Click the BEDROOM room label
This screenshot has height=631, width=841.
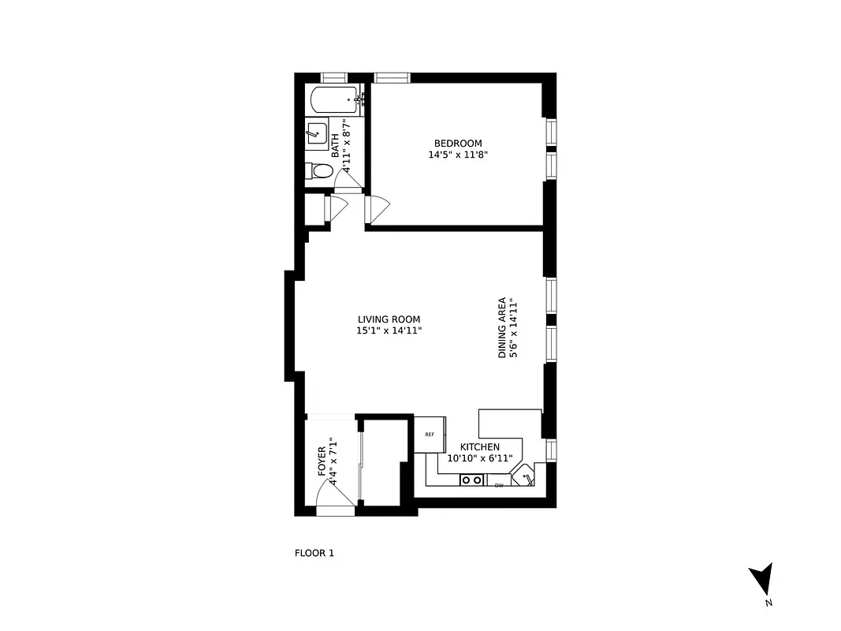coord(458,144)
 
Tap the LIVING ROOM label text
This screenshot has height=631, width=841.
coord(389,319)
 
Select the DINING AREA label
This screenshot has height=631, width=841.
coord(501,327)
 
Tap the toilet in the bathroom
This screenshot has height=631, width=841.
coord(317,170)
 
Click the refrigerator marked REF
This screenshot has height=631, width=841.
coord(430,435)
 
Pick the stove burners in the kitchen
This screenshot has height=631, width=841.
coord(472,480)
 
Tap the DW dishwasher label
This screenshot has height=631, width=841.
coord(498,485)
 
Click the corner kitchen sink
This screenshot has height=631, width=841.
coord(525,476)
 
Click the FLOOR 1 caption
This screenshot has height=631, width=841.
coord(314,553)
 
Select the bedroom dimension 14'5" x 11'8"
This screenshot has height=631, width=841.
coord(458,155)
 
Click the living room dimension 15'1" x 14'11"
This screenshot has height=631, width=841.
coord(389,331)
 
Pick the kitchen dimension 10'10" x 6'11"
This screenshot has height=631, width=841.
coord(479,458)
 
